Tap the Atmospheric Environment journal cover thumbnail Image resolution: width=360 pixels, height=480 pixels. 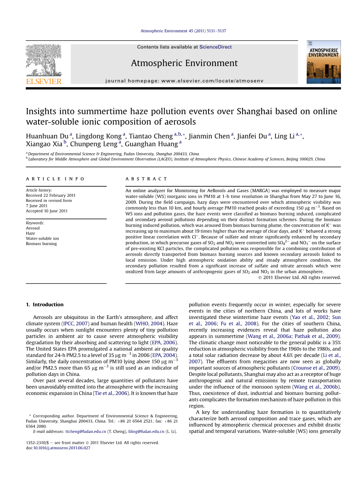point(323,62)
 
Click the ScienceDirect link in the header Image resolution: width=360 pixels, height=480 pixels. point(215,47)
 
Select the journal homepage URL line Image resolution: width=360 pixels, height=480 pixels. point(184,81)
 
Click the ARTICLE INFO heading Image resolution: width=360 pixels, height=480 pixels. point(55,179)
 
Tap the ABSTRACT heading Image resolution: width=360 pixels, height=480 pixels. point(146,179)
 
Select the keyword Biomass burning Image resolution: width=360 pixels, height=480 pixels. point(41,244)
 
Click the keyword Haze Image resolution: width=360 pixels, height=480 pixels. point(30,233)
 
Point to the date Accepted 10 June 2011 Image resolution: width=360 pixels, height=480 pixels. point(47,211)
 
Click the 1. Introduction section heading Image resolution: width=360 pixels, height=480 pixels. point(48,305)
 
